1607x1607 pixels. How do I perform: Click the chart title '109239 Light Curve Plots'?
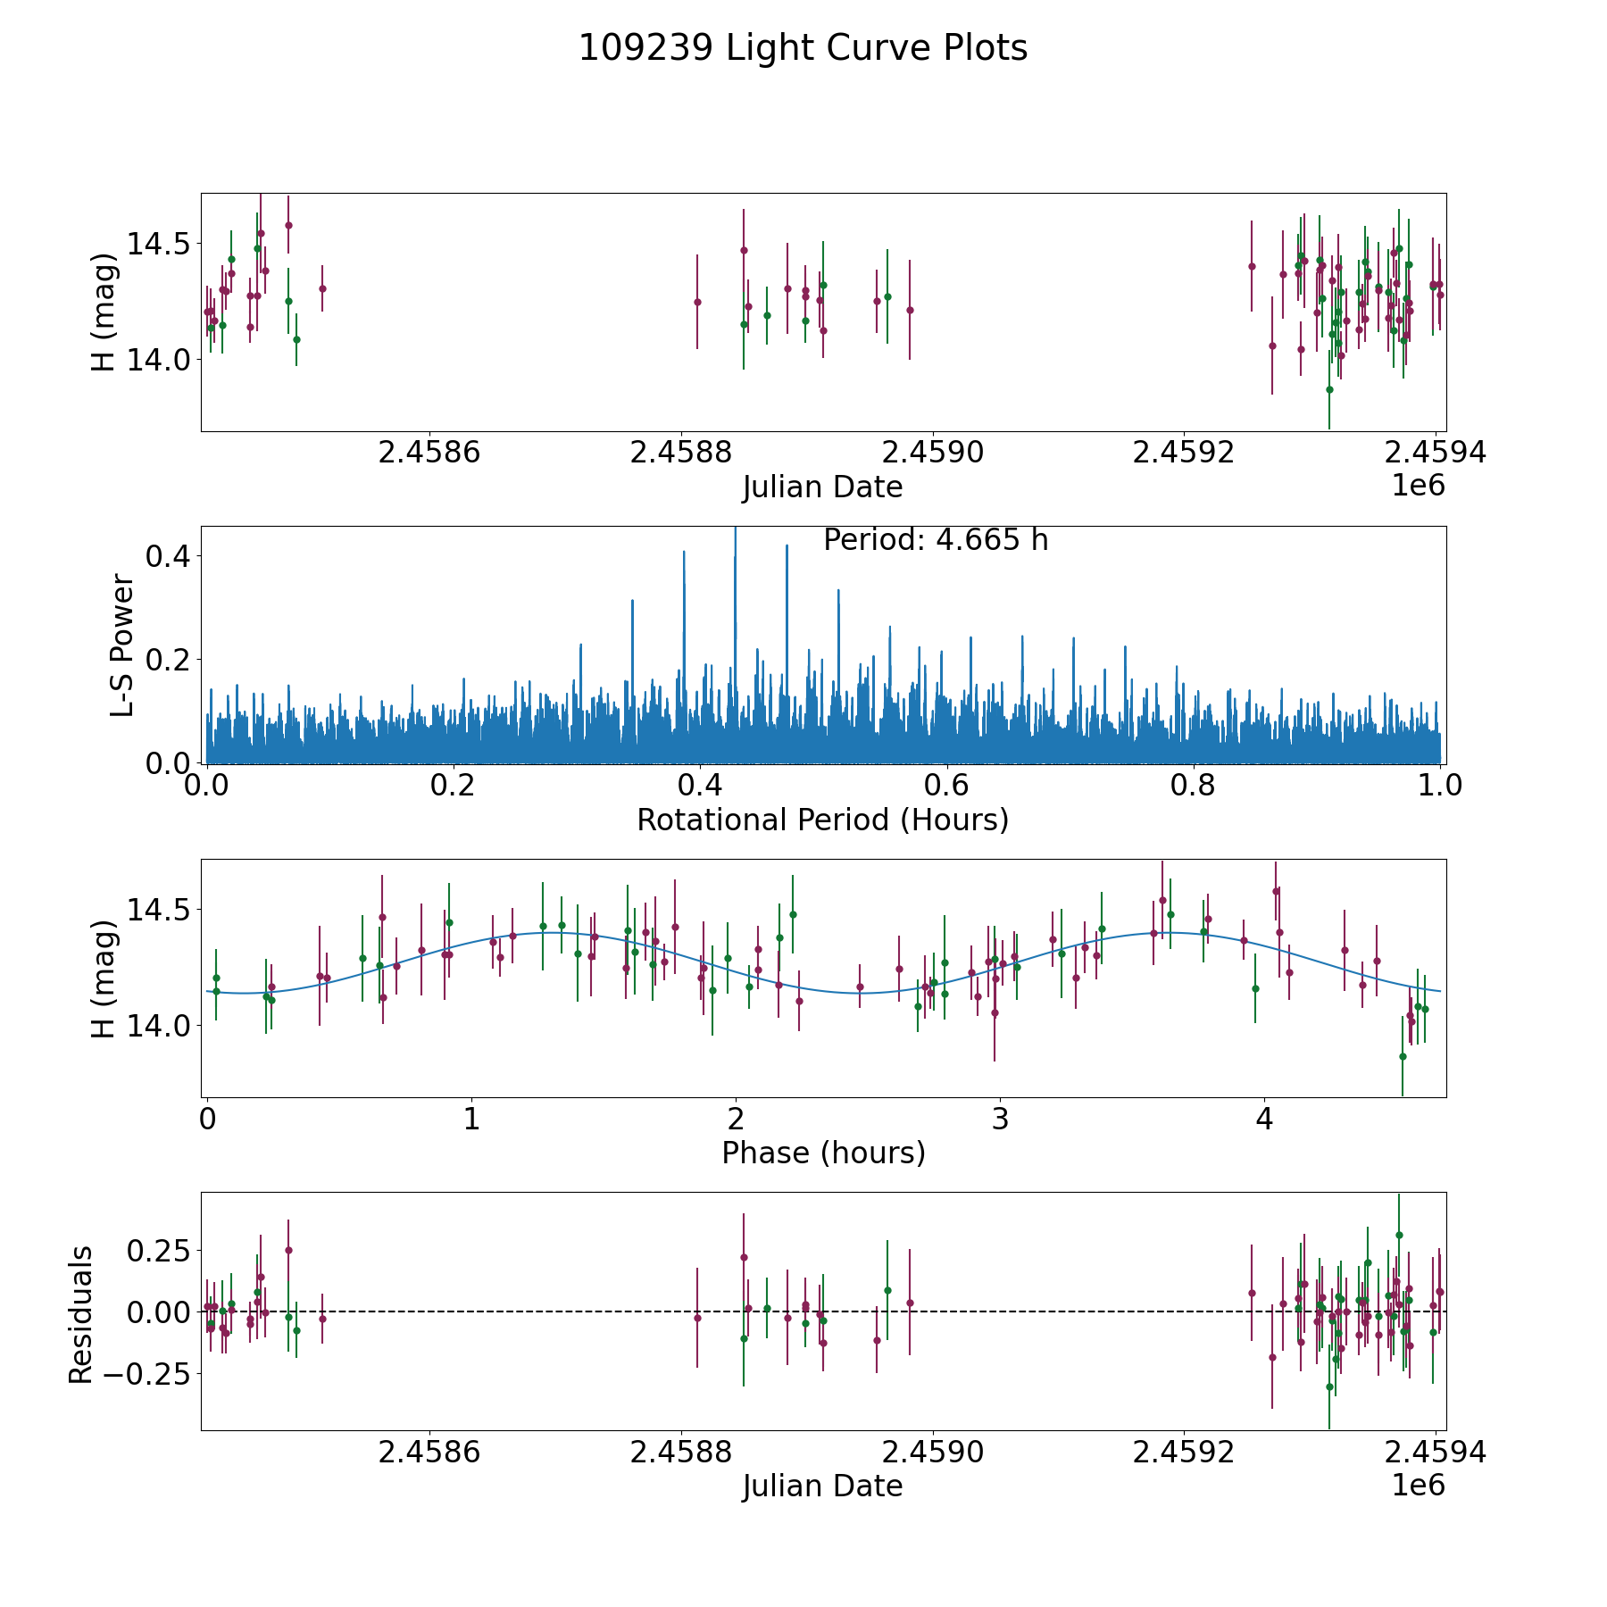point(803,48)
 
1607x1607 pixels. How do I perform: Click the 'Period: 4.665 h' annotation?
point(935,540)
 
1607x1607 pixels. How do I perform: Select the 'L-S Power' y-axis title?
point(122,645)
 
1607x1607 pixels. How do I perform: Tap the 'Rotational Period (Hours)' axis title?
point(822,820)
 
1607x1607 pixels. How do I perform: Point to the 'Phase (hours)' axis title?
point(822,1153)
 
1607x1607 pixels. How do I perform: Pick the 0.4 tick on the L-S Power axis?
point(167,556)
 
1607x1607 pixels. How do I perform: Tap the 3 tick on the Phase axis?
point(1000,1120)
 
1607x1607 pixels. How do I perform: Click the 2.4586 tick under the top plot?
point(429,453)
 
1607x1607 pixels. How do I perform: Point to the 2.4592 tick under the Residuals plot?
point(1184,1453)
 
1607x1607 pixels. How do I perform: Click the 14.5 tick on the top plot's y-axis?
point(157,243)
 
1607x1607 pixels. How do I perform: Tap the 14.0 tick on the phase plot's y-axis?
point(157,1027)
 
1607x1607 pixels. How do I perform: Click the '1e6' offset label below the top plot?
point(1418,486)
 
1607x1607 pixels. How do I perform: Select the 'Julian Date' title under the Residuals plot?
point(822,1486)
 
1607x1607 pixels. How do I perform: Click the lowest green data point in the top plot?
point(1329,389)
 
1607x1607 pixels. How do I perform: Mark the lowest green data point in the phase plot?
point(1403,1056)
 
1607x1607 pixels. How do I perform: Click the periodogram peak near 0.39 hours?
point(684,554)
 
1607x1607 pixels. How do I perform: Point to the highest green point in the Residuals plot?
point(1399,1236)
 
